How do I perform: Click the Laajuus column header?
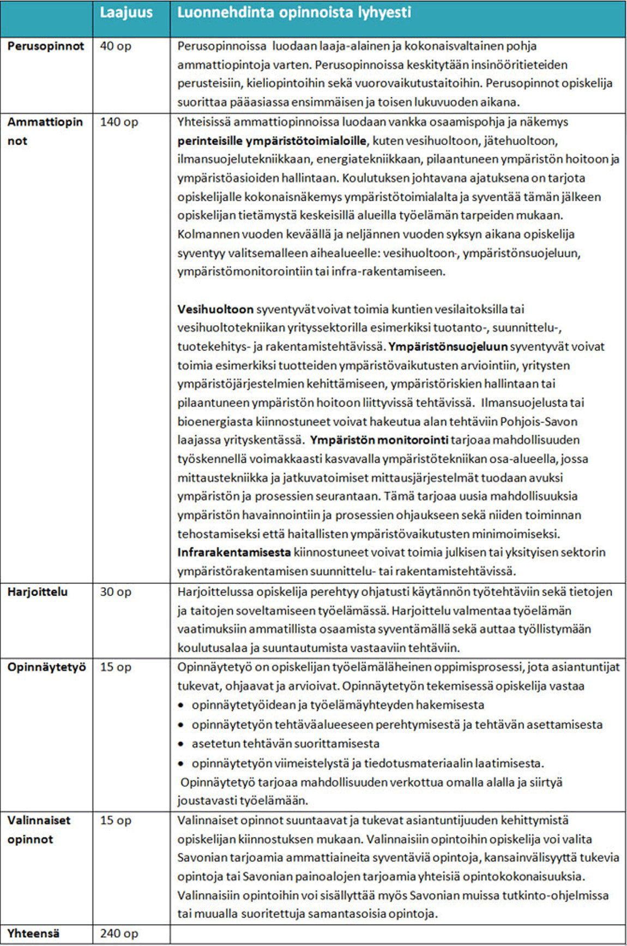[x=126, y=13]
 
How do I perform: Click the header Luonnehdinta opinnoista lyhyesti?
[x=294, y=13]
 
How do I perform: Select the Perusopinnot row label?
[x=46, y=46]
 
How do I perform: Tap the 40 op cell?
[x=116, y=46]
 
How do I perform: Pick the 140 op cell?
[x=119, y=122]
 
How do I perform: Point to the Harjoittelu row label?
[x=38, y=592]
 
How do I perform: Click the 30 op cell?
[x=116, y=592]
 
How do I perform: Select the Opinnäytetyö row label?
[x=46, y=667]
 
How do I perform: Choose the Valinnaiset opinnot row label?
[x=39, y=829]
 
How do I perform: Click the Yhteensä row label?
[x=33, y=933]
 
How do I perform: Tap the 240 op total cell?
[x=118, y=933]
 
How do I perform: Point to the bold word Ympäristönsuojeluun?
[x=448, y=347]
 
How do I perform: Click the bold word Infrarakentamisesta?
[x=234, y=552]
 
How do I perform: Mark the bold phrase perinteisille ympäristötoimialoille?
[x=272, y=141]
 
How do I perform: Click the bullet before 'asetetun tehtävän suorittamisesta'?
[x=181, y=744]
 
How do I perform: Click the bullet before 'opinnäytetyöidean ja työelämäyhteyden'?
[x=181, y=706]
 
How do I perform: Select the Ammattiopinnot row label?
[x=45, y=131]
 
